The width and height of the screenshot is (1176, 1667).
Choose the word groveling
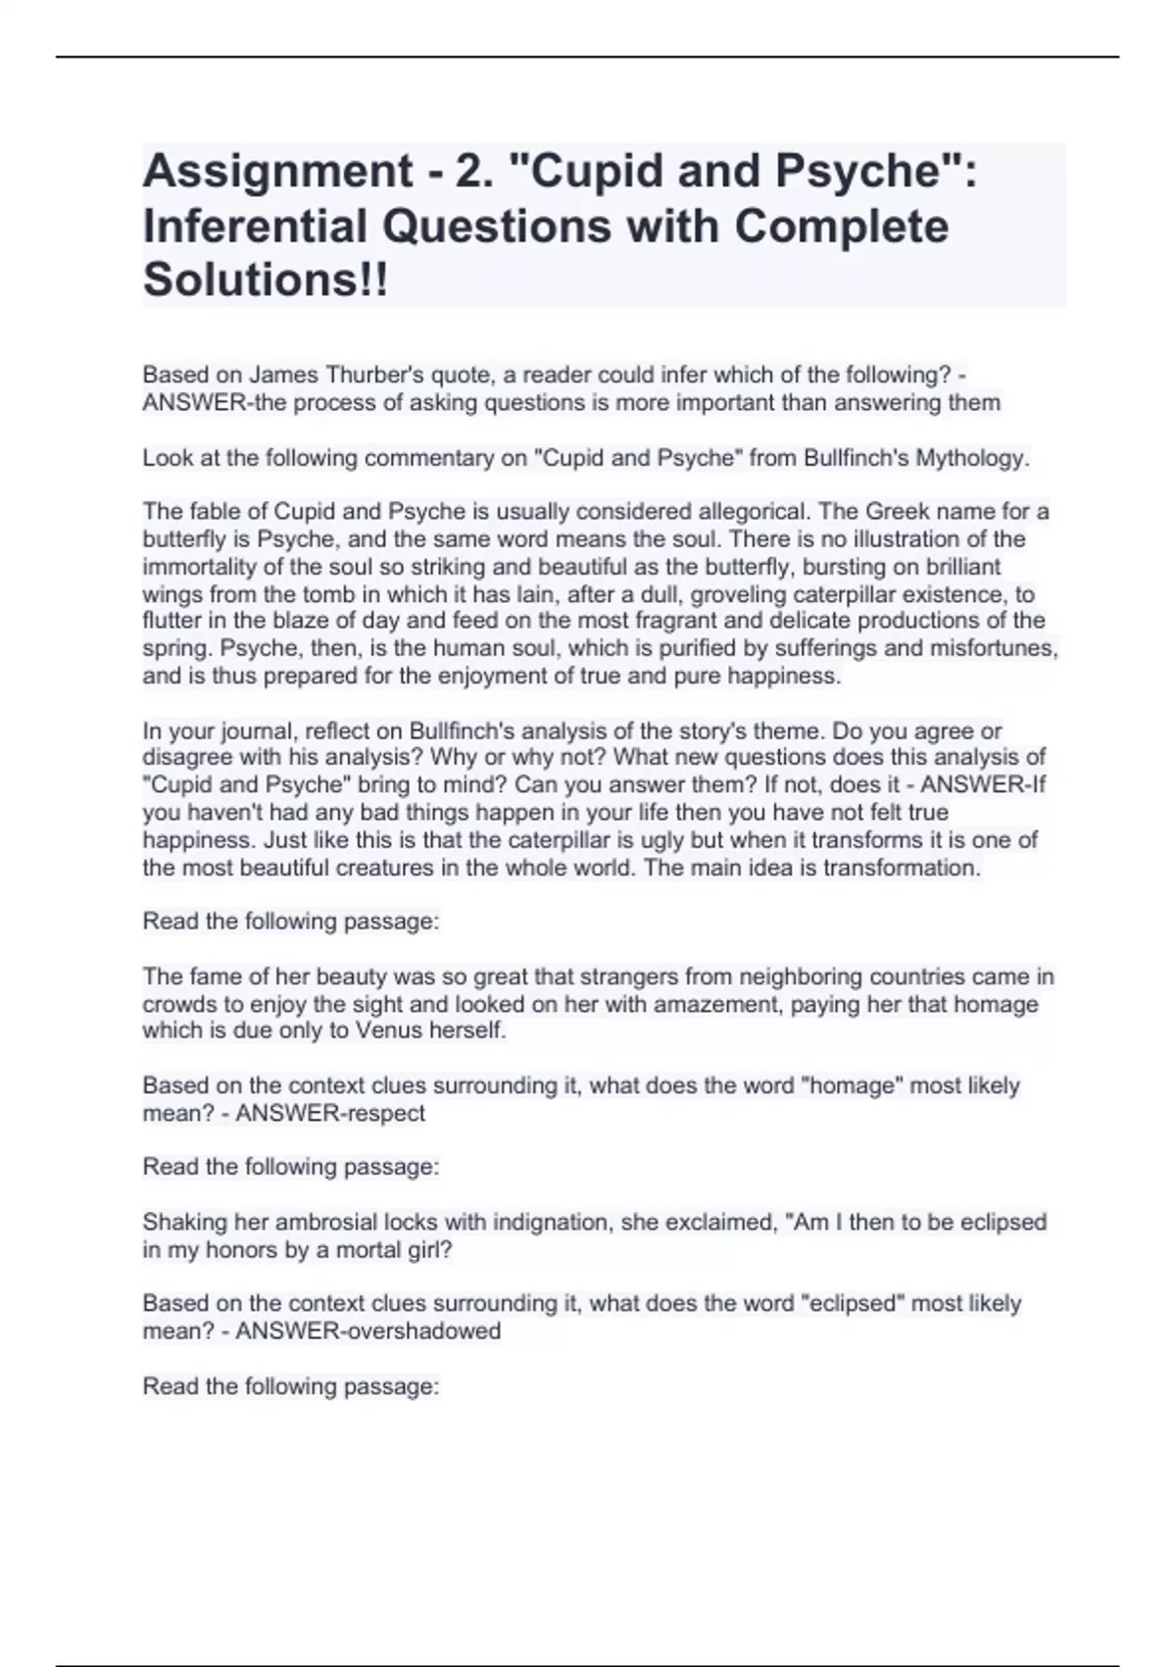click(738, 594)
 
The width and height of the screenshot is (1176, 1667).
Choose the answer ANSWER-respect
click(330, 1113)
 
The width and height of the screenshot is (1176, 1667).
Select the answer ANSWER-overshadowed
click(367, 1331)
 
